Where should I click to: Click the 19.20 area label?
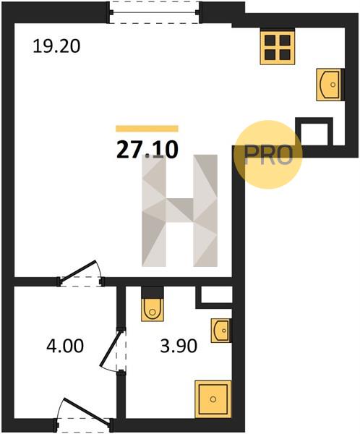coord(56,46)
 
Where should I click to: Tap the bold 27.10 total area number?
coord(147,150)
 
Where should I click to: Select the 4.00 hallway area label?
coord(65,346)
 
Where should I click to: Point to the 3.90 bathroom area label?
coord(179,346)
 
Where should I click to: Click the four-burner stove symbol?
coord(278,47)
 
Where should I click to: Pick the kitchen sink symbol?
coord(330,85)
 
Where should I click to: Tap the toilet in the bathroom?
coord(153,310)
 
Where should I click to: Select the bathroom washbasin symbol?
coord(220,331)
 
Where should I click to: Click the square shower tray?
coord(213,399)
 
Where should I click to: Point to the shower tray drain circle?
coord(213,399)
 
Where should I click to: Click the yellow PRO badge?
coord(267,155)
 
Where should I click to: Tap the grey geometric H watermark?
coord(179,210)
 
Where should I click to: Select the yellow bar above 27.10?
coord(147,129)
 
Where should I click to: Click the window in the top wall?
coord(155,12)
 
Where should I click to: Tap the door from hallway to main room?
coord(80,274)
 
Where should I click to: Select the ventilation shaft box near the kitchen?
coord(314,132)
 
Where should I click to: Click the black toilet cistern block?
coord(153,292)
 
